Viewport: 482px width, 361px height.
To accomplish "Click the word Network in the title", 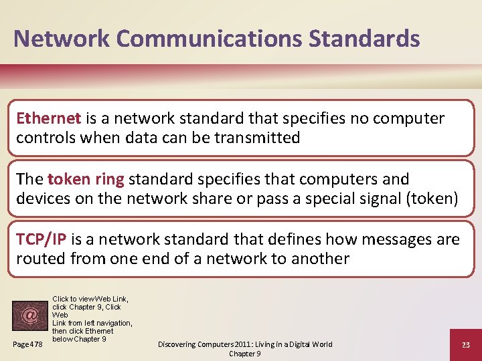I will click(x=56, y=38).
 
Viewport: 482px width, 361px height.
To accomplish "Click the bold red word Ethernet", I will click(x=48, y=118).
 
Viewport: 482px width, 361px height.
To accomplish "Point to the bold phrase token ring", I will click(x=86, y=179).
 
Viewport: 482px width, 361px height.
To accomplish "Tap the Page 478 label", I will click(x=28, y=344).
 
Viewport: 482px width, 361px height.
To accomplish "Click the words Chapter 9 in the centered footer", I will click(x=245, y=354).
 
